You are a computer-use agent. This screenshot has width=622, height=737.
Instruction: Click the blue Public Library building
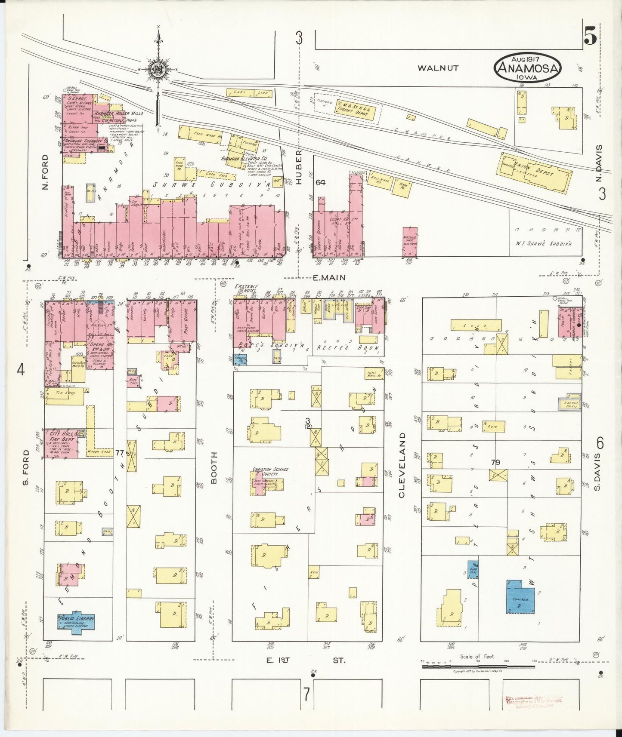coord(76,621)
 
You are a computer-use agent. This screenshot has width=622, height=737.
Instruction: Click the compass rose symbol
coord(158,69)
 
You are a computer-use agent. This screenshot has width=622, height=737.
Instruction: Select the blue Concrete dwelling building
coord(523,597)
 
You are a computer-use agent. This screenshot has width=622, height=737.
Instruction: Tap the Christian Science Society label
coord(271,472)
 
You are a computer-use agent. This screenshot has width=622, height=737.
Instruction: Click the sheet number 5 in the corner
coord(590,37)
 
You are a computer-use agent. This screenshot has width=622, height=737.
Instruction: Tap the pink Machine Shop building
coord(409,242)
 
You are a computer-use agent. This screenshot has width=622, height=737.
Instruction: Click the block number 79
coord(495,463)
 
